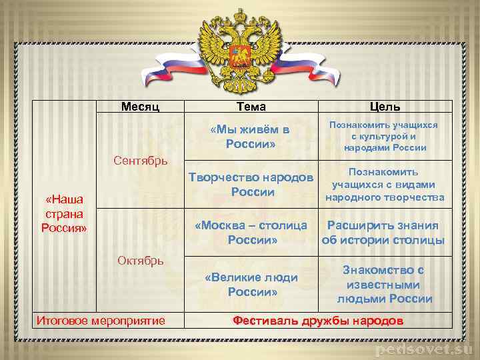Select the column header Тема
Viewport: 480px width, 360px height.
coord(251,107)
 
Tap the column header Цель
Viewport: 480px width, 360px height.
coord(385,107)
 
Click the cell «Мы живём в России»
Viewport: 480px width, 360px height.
coord(251,137)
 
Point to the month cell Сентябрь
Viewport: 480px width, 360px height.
coord(140,161)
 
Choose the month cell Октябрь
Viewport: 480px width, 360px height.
coord(140,260)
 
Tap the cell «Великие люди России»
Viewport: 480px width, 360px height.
coord(251,284)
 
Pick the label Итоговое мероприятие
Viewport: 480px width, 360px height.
coord(101,321)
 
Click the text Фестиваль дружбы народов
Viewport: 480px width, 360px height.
coord(318,321)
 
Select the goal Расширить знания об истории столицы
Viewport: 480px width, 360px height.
coord(383,233)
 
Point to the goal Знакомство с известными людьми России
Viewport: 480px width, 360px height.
coord(384,285)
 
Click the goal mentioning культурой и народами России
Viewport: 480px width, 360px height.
coord(385,137)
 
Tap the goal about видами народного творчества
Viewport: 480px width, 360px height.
coord(385,185)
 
